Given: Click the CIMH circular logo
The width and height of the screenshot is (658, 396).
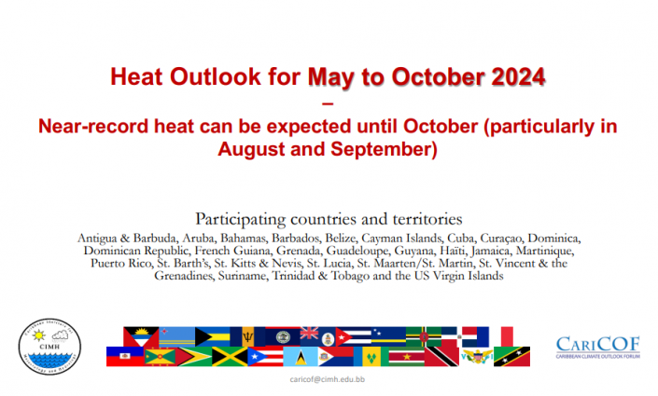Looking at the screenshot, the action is pyautogui.click(x=49, y=346).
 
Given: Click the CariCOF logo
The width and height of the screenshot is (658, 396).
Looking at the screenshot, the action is pyautogui.click(x=598, y=348).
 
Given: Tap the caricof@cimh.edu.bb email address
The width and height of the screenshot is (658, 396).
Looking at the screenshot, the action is pyautogui.click(x=328, y=379).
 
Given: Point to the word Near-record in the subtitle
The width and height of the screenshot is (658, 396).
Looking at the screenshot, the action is pyautogui.click(x=93, y=127).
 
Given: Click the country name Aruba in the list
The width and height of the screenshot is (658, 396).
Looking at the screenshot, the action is pyautogui.click(x=199, y=238).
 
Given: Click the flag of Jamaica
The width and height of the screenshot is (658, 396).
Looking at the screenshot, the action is pyautogui.click(x=230, y=356).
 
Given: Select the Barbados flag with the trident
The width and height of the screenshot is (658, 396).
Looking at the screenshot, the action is pyautogui.click(x=247, y=336).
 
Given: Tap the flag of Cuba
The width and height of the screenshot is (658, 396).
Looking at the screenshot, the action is pyautogui.click(x=354, y=336).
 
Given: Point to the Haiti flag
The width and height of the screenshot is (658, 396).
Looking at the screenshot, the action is pyautogui.click(x=125, y=356).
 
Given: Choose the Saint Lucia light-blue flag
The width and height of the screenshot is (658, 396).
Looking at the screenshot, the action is pyautogui.click(x=301, y=356).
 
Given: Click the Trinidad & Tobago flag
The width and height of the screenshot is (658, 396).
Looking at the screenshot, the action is pyautogui.click(x=441, y=356).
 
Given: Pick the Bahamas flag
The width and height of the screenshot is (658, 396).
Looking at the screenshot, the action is pyautogui.click(x=213, y=336).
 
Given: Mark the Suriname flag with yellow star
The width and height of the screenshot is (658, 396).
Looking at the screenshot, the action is pyautogui.click(x=406, y=356).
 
